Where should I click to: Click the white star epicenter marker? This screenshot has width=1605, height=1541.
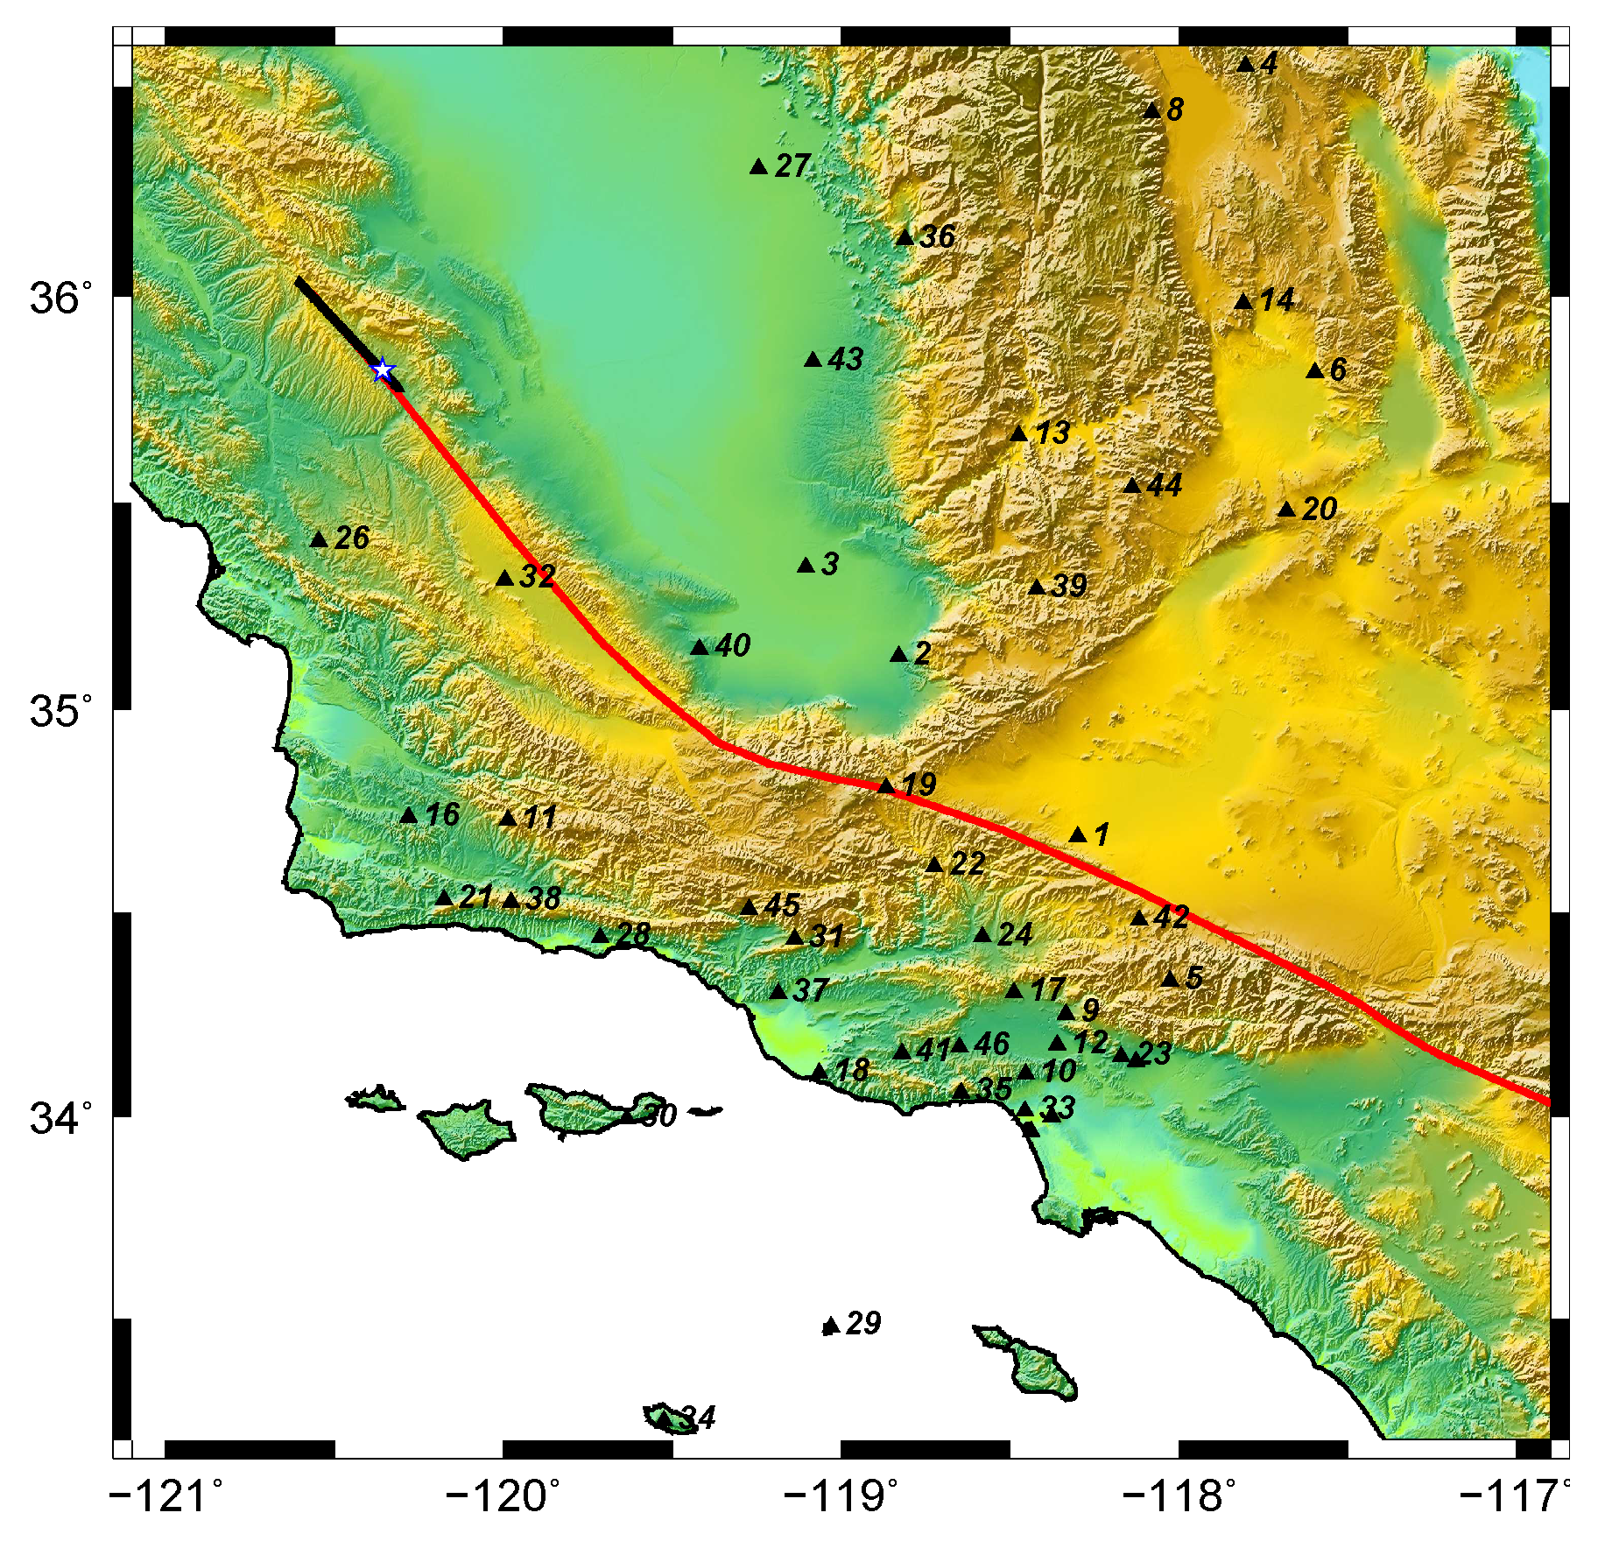pyautogui.click(x=382, y=369)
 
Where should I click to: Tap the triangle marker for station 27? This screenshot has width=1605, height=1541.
pyautogui.click(x=759, y=166)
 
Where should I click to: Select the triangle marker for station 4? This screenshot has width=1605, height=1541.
pyautogui.click(x=1246, y=64)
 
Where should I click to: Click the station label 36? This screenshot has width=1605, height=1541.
pyautogui.click(x=937, y=236)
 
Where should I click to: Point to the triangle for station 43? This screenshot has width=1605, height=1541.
pyautogui.click(x=813, y=359)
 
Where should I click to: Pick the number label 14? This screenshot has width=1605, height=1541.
pyautogui.click(x=1277, y=300)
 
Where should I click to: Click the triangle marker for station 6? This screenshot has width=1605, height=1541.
pyautogui.click(x=1314, y=370)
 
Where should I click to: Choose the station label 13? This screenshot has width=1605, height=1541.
pyautogui.click(x=1052, y=433)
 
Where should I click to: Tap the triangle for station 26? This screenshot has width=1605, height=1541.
pyautogui.click(x=319, y=539)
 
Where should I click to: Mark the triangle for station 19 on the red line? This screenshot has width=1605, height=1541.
pyautogui.click(x=886, y=785)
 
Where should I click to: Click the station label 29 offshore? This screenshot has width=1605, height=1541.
pyautogui.click(x=862, y=1323)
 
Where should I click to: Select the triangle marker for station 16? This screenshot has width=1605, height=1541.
pyautogui.click(x=409, y=815)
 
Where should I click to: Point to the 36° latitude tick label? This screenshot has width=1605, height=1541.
pyautogui.click(x=60, y=299)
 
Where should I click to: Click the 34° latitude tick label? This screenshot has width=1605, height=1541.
pyautogui.click(x=60, y=1118)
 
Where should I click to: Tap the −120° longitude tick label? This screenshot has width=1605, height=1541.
pyautogui.click(x=503, y=1497)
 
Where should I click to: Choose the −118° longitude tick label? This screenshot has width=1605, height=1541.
pyautogui.click(x=1179, y=1497)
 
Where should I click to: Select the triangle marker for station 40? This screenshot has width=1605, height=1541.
pyautogui.click(x=700, y=647)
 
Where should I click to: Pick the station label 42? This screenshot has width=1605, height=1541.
pyautogui.click(x=1172, y=917)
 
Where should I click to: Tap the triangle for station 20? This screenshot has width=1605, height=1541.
pyautogui.click(x=1286, y=510)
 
